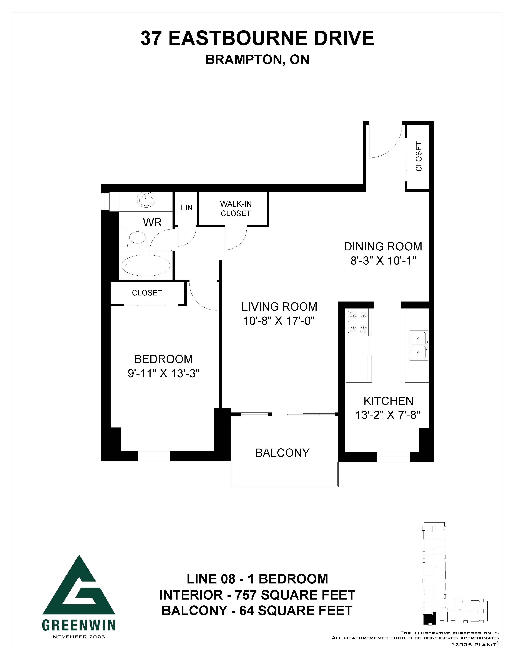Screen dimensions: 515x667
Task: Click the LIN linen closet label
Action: click(x=187, y=208)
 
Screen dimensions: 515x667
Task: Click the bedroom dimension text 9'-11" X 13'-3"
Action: click(x=164, y=374)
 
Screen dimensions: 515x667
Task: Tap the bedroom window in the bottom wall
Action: click(x=154, y=456)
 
